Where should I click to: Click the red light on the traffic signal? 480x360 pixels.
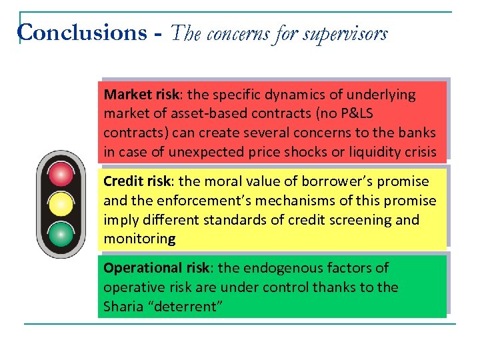61,174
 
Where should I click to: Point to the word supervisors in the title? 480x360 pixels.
345,33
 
